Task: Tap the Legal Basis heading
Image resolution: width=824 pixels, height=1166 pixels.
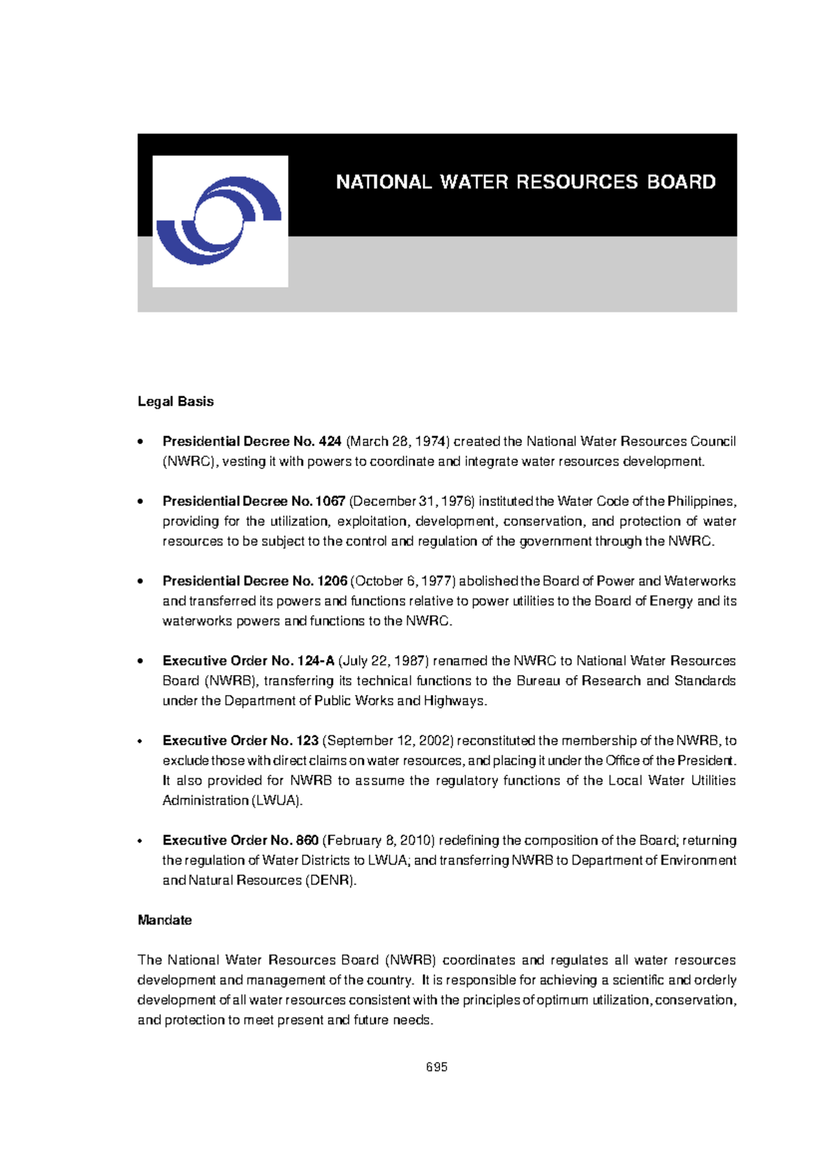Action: click(175, 402)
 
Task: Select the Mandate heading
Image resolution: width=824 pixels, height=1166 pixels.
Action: click(164, 920)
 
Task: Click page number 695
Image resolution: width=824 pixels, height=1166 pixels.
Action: click(436, 1067)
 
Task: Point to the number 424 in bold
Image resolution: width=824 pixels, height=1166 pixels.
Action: click(330, 442)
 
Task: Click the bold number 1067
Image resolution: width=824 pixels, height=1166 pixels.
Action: click(330, 501)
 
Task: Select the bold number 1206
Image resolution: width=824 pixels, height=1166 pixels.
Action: click(332, 581)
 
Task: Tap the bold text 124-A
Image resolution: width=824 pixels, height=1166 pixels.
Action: click(316, 661)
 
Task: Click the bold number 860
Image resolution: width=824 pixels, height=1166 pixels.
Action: click(307, 841)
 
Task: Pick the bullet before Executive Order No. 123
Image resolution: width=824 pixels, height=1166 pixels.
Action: click(140, 742)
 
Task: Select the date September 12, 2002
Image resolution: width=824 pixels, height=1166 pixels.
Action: click(388, 741)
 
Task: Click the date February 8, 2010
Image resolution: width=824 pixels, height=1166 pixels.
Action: click(378, 841)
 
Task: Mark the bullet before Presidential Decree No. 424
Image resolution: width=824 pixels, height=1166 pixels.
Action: click(140, 442)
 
